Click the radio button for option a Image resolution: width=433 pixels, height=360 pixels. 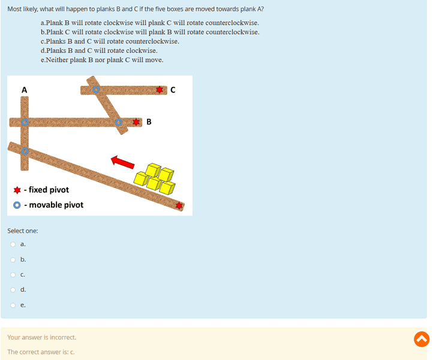pyautogui.click(x=13, y=244)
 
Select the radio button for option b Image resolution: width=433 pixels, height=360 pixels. pyautogui.click(x=13, y=260)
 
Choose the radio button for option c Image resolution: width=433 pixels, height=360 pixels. pyautogui.click(x=13, y=275)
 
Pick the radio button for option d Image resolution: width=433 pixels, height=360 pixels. pyautogui.click(x=13, y=290)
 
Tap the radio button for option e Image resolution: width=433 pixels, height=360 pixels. pyautogui.click(x=13, y=305)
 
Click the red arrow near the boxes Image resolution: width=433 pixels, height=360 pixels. pyautogui.click(x=122, y=162)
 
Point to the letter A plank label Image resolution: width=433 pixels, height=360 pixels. pyautogui.click(x=25, y=90)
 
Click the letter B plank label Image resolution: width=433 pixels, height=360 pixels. pyautogui.click(x=149, y=122)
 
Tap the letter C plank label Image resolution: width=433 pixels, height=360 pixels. pyautogui.click(x=173, y=90)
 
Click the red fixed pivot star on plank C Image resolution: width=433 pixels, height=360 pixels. pyautogui.click(x=160, y=90)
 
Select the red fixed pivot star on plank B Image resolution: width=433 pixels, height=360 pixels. pyautogui.click(x=136, y=122)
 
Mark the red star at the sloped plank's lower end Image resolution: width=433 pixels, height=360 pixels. pyautogui.click(x=179, y=206)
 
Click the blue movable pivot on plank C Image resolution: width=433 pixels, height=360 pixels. pyautogui.click(x=96, y=89)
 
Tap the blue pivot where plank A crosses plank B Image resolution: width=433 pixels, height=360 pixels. pyautogui.click(x=25, y=122)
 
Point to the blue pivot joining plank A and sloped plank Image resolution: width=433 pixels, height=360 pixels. pyautogui.click(x=25, y=151)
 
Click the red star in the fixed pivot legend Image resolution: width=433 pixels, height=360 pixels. pyautogui.click(x=17, y=190)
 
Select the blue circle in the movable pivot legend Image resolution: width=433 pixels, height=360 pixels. pyautogui.click(x=17, y=205)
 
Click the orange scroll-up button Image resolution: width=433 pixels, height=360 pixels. pyautogui.click(x=422, y=339)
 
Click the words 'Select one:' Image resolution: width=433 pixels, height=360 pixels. pyautogui.click(x=23, y=231)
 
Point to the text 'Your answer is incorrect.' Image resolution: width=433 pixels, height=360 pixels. pyautogui.click(x=42, y=337)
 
